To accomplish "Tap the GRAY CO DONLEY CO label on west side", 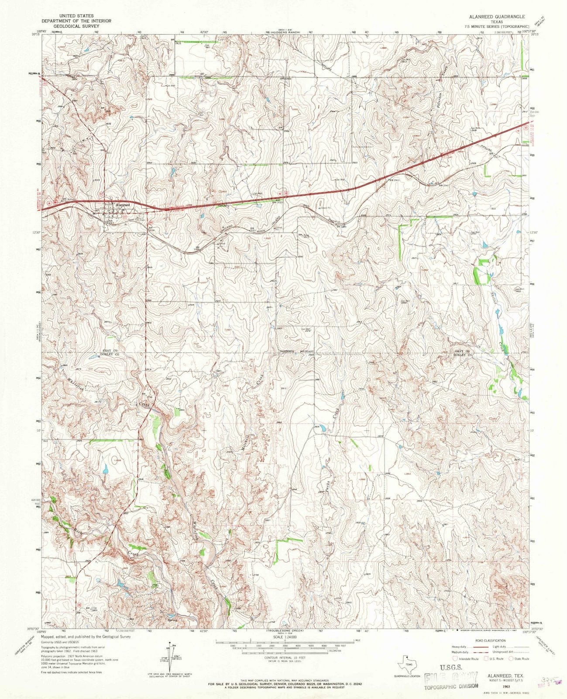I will click(x=107, y=353).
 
